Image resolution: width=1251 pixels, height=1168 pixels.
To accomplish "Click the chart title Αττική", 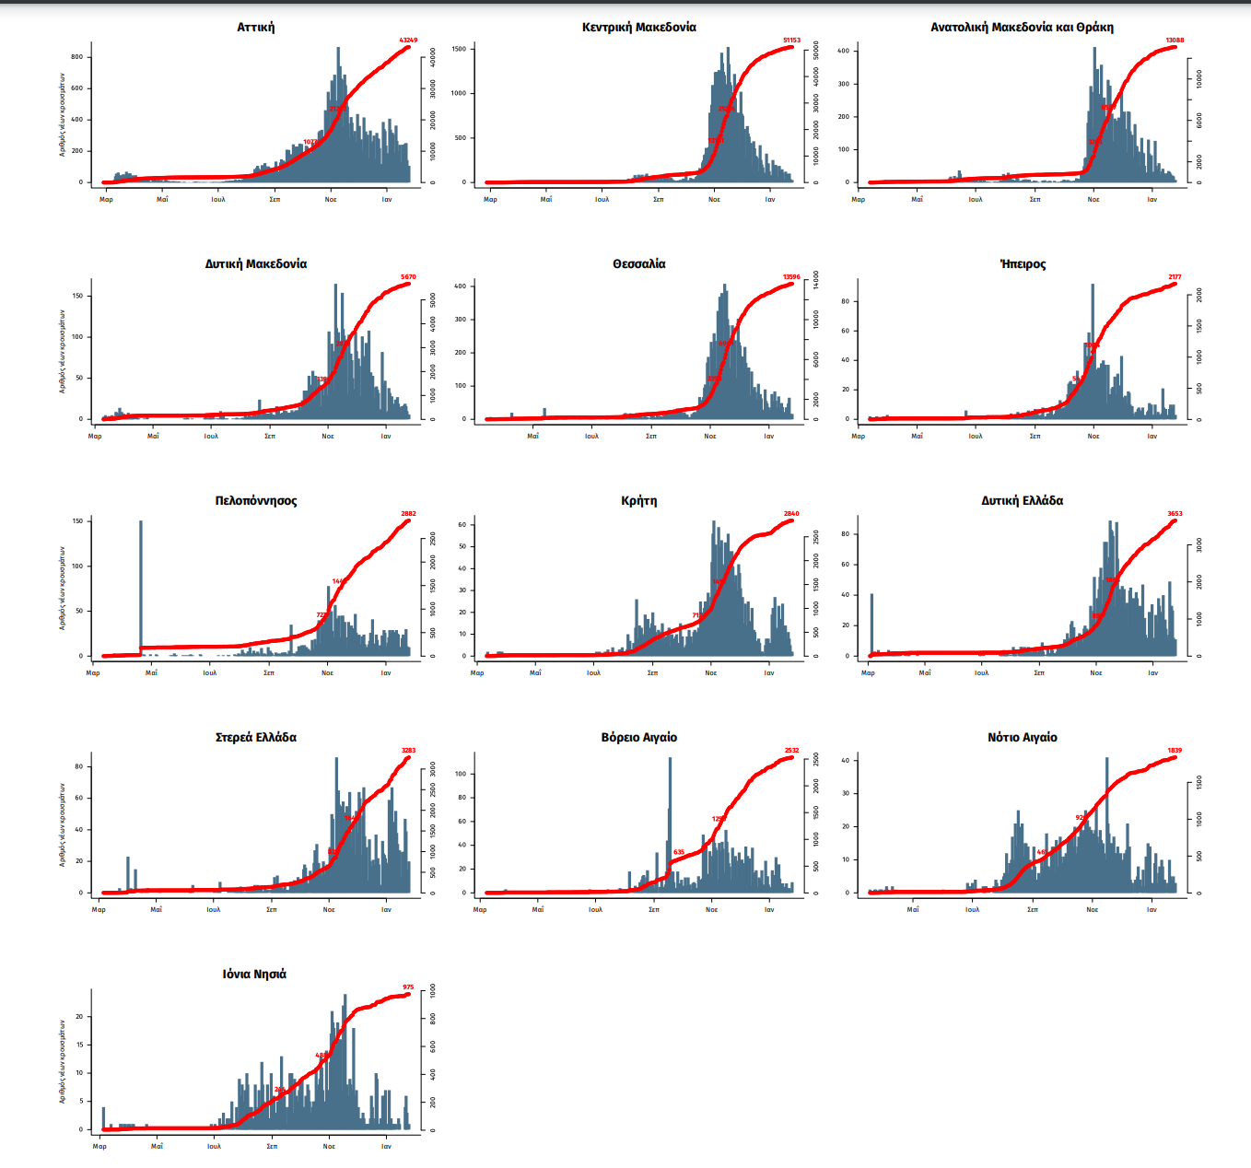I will [x=255, y=28].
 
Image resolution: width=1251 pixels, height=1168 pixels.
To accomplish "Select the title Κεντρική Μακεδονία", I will [x=638, y=28].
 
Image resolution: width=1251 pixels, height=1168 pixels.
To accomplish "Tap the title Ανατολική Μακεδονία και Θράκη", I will [x=1022, y=28].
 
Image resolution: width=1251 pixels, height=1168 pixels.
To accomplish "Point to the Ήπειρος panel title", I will [x=1023, y=264].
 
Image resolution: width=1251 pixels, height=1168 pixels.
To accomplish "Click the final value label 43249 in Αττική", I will [x=408, y=41].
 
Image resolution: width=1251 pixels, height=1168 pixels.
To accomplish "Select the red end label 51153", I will [x=791, y=41].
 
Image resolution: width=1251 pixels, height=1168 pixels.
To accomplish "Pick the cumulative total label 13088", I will [x=1175, y=41].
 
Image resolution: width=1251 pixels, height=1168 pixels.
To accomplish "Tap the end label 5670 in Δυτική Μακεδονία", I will [x=408, y=277].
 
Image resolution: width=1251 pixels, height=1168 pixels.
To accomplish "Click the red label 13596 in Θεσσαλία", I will [x=791, y=277].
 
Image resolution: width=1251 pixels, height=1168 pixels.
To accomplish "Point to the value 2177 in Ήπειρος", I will [x=1175, y=277].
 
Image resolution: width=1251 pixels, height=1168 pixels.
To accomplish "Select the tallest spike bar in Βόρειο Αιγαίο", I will [x=670, y=820].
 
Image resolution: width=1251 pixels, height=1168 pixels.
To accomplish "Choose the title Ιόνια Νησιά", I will [x=254, y=975].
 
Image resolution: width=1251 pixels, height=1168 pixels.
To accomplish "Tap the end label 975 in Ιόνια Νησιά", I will [x=408, y=987].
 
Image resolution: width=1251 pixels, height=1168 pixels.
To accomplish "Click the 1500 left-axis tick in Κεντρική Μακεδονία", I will [x=459, y=48].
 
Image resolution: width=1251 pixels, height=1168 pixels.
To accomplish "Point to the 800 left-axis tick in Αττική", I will [x=77, y=57].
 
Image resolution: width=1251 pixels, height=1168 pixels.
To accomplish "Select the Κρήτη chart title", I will [x=638, y=501].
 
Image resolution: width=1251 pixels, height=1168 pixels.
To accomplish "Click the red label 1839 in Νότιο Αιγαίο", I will [x=1175, y=751].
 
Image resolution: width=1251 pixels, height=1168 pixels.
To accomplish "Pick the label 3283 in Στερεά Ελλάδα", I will [x=408, y=751].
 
